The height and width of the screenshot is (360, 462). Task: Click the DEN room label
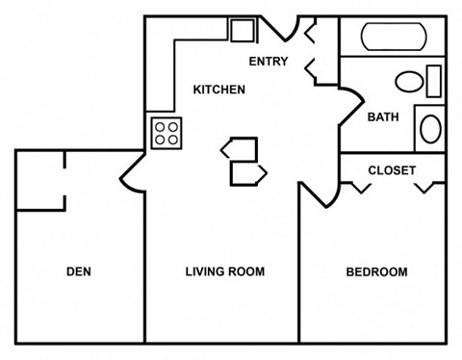pyautogui.click(x=79, y=271)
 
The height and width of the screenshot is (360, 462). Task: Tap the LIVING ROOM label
pyautogui.click(x=224, y=271)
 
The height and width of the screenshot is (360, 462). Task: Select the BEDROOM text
pyautogui.click(x=376, y=271)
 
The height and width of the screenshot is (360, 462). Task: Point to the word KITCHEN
pyautogui.click(x=219, y=90)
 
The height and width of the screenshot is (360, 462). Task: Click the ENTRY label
pyautogui.click(x=269, y=62)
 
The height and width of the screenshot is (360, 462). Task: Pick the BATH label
pyautogui.click(x=384, y=117)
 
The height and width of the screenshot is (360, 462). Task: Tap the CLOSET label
pyautogui.click(x=392, y=170)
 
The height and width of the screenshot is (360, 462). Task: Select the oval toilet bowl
pyautogui.click(x=410, y=81)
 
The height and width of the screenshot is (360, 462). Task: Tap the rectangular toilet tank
pyautogui.click(x=434, y=80)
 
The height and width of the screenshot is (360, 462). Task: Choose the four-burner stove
pyautogui.click(x=167, y=132)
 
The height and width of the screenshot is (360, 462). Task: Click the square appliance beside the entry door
pyautogui.click(x=241, y=29)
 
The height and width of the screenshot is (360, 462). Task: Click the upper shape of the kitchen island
pyautogui.click(x=240, y=148)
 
